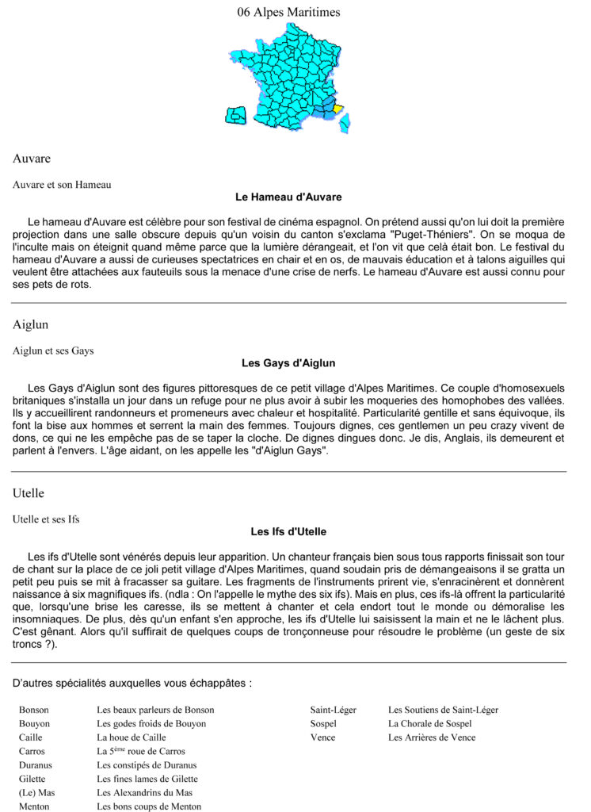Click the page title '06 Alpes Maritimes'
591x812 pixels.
[288, 12]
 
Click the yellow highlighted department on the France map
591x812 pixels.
[337, 109]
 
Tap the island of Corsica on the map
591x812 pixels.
[345, 122]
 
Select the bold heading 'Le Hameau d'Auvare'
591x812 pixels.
[288, 197]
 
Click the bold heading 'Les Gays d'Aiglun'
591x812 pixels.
[288, 363]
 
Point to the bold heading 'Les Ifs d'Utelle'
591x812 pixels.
[288, 531]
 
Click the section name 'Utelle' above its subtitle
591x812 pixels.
[29, 493]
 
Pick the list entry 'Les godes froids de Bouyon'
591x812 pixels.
[151, 723]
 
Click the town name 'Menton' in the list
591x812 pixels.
[34, 806]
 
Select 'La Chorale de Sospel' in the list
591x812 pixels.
[429, 723]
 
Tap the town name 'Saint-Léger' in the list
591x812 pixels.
[333, 710]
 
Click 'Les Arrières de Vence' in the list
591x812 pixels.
[431, 737]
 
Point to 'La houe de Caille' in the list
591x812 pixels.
[132, 737]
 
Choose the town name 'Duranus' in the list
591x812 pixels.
[36, 765]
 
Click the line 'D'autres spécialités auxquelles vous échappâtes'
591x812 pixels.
[132, 683]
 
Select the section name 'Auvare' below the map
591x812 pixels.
[32, 159]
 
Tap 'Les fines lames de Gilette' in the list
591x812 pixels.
[147, 779]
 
